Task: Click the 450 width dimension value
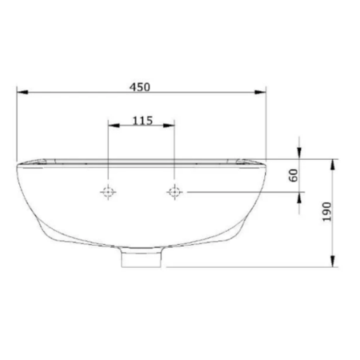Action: pos(142,85)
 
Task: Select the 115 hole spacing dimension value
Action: pos(142,120)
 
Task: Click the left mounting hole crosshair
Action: pos(107,192)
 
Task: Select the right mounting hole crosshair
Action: pos(174,192)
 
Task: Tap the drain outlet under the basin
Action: pos(142,258)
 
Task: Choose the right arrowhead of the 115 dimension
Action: pos(169,127)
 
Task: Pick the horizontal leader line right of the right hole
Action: pos(240,192)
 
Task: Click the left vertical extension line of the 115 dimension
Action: pos(107,148)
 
